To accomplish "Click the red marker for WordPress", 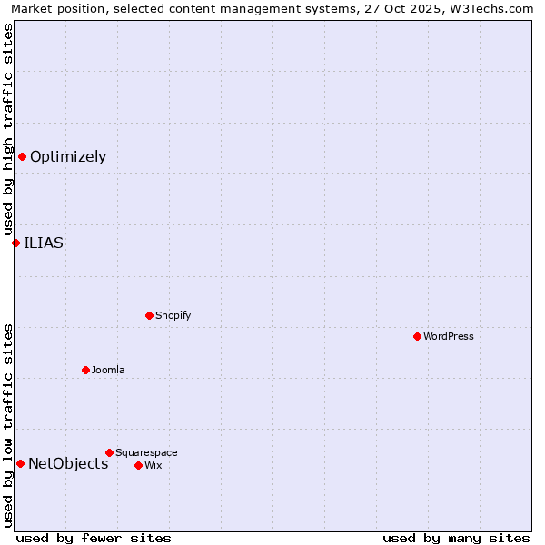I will coord(417,336).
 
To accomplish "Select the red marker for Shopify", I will coord(149,315).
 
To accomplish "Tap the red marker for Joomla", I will coord(85,370).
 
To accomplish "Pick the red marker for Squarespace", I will coord(109,452).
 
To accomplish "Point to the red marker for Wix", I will coord(138,465).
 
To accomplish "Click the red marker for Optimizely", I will coord(22,156).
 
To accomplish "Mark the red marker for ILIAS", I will coord(15,243).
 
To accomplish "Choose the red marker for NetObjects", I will coord(20,463).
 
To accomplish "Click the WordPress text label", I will coord(449,336).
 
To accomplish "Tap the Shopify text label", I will coord(173,315).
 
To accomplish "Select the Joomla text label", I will coord(108,370).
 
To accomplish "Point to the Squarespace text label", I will coord(146,452).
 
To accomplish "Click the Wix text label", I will coord(153,465).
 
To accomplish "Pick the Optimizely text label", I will coord(68,156).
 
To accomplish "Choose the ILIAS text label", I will coord(44,243).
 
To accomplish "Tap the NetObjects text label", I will coord(68,463).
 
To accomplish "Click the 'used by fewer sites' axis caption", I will coord(94,538).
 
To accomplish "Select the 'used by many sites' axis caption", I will coord(456,538).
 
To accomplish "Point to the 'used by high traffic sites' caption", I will coord(9,129).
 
